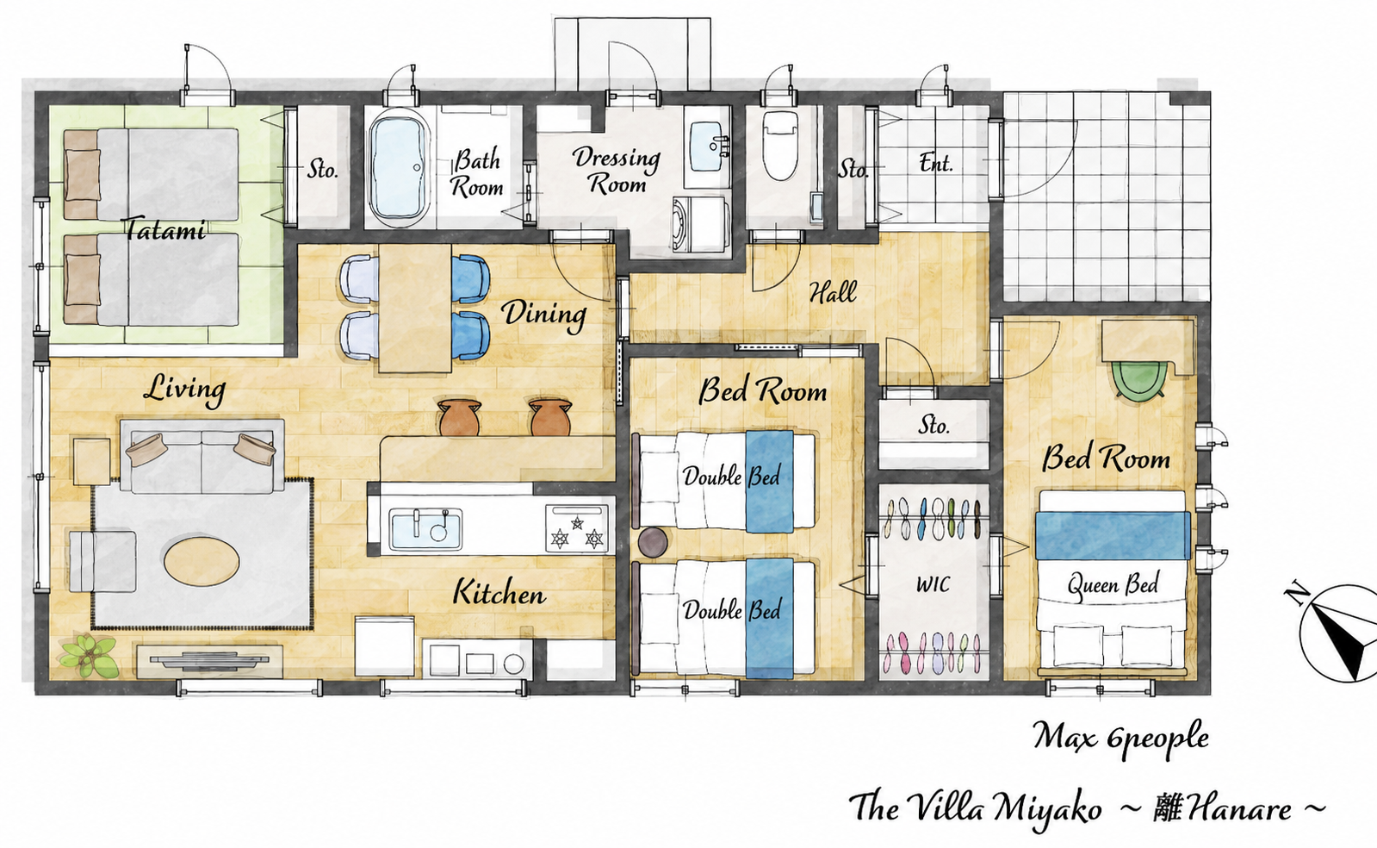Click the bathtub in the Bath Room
[x=399, y=168]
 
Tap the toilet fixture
[x=780, y=146]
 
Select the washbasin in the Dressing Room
[x=709, y=147]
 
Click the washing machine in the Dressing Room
[x=700, y=225]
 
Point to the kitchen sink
[x=425, y=529]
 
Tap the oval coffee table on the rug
[x=202, y=560]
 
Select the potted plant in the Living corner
[x=88, y=656]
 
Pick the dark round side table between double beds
[x=653, y=542]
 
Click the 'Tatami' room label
[x=164, y=229]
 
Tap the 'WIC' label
[x=934, y=584]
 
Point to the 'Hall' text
[x=833, y=292]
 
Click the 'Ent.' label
[x=935, y=163]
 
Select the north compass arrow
[x=1334, y=634]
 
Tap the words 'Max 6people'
[x=1120, y=737]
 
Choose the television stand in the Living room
[x=209, y=660]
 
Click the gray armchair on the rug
[x=102, y=561]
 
